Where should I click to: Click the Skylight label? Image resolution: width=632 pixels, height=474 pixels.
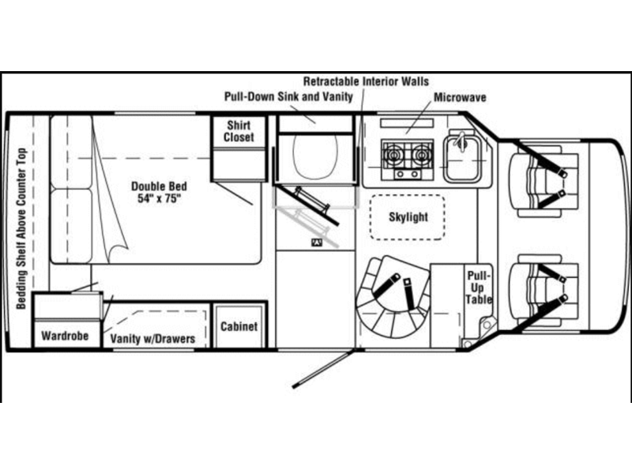click(x=408, y=216)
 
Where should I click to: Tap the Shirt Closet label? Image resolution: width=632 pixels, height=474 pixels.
click(x=239, y=131)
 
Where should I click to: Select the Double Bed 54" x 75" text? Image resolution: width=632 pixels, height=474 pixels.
click(x=160, y=192)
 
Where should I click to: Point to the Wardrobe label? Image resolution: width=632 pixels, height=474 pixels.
click(x=65, y=335)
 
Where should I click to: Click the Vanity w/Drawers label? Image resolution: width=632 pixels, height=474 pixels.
click(x=152, y=339)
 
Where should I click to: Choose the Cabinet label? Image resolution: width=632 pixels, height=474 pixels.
click(x=239, y=326)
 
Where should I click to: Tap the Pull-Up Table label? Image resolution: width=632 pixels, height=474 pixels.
click(x=479, y=288)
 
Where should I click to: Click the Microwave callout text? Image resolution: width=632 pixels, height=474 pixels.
click(x=460, y=97)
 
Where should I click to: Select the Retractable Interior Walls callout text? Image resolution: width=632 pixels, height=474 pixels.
click(x=366, y=81)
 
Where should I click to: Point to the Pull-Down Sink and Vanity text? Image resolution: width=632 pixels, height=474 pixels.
click(x=288, y=96)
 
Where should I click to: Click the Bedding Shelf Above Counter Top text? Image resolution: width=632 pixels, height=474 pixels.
click(x=21, y=228)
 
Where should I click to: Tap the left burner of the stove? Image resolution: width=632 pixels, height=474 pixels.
click(x=392, y=155)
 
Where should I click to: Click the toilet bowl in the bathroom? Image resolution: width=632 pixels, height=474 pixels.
click(x=315, y=155)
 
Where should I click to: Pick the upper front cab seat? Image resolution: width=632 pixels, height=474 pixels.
click(x=544, y=179)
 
